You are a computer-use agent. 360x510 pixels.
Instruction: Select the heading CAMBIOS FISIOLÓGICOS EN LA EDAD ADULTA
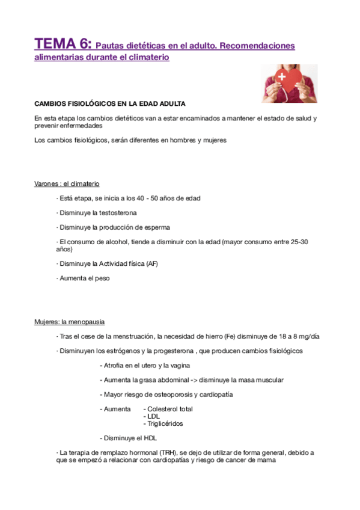[110, 103]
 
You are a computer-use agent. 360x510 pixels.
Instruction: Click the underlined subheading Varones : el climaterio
[67, 183]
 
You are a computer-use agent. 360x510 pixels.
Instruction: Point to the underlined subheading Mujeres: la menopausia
[69, 322]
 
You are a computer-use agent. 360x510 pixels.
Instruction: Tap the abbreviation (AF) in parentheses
[151, 263]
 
